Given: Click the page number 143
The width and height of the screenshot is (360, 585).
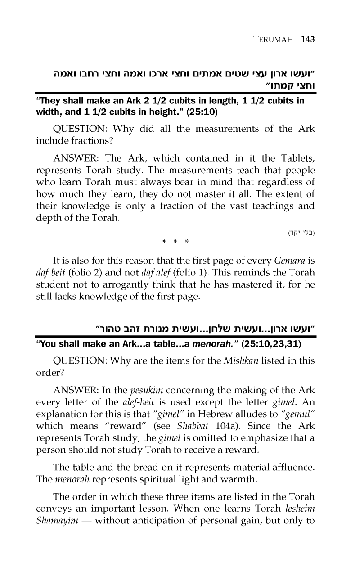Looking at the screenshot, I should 307,40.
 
